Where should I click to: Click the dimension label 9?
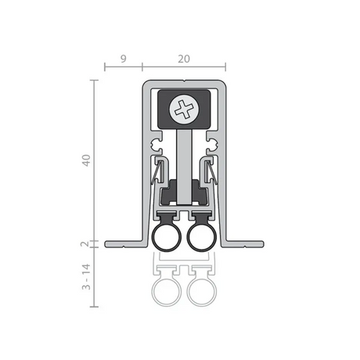124,59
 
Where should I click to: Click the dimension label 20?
184,59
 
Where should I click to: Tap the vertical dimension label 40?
86,160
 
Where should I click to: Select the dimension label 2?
85,244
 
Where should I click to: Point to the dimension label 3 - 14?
86,277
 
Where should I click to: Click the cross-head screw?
184,109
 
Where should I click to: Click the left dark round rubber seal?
167,238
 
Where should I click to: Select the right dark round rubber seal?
202,238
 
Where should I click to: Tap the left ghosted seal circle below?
167,292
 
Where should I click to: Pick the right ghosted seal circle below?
202,292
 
